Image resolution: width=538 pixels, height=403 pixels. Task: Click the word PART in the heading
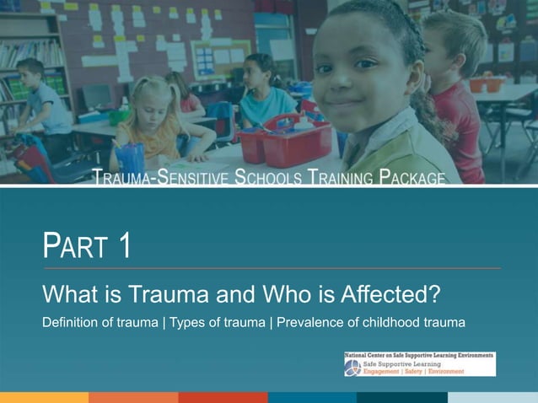[x=75, y=246]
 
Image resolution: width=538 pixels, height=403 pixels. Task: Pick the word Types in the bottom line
[x=189, y=323]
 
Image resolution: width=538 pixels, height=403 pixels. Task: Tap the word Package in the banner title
[x=412, y=178]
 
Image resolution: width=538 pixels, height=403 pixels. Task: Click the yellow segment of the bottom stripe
[x=44, y=397]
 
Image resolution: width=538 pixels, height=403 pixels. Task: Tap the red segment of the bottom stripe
[x=223, y=397]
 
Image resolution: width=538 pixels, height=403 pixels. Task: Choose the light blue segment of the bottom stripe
[x=492, y=397]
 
